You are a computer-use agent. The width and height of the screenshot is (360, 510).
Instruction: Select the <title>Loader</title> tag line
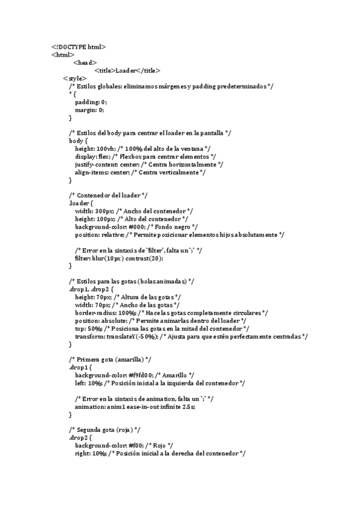pos(123,70)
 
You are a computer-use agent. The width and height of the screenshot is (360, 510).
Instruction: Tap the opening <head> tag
pos(85,62)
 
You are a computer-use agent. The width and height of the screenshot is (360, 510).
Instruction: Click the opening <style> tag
pos(75,78)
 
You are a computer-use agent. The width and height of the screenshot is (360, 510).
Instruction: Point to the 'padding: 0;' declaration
pos(91,102)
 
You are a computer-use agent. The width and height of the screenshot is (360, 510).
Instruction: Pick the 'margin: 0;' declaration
pos(90,110)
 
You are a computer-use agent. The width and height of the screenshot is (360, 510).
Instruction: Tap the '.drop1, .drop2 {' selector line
pos(94,289)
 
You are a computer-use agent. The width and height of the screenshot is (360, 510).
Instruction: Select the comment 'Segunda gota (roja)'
pos(105,430)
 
